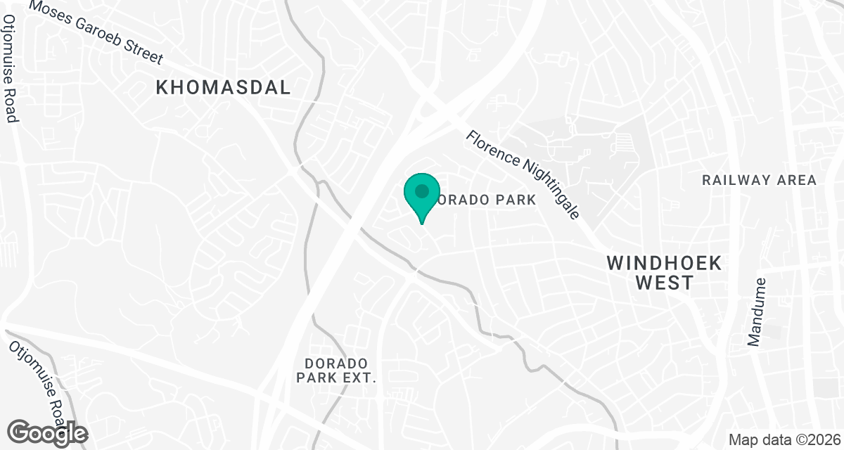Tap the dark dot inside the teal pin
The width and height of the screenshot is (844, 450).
(421, 191)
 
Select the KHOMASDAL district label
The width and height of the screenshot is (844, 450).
(223, 88)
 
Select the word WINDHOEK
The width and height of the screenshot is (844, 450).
(665, 264)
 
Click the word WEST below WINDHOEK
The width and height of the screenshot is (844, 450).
(665, 283)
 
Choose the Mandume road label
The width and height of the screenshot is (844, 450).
(757, 311)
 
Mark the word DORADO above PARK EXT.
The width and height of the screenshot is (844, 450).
(337, 363)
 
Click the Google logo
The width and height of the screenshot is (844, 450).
(48, 432)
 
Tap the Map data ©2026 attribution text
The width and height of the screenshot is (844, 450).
(783, 440)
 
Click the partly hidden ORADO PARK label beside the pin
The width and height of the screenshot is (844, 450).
(485, 200)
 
